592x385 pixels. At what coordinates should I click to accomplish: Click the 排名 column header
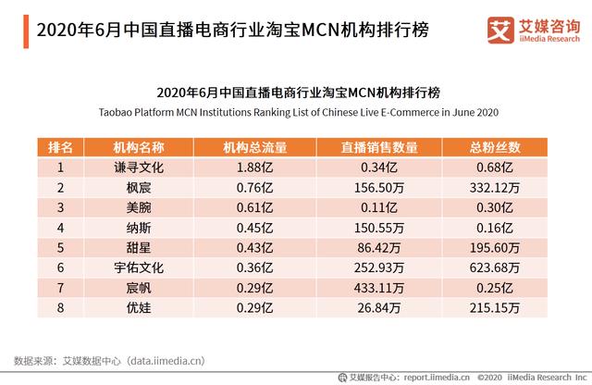[x=60, y=147]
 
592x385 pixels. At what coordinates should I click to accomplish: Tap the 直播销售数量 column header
[x=379, y=147]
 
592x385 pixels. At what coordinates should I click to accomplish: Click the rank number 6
[x=60, y=267]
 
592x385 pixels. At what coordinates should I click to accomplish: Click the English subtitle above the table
[x=298, y=112]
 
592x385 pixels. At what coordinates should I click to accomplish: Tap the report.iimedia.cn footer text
[x=435, y=377]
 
